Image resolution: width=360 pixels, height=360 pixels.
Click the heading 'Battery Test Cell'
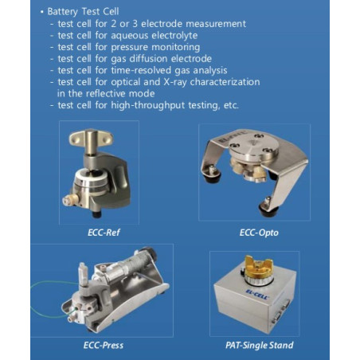[x=83, y=12]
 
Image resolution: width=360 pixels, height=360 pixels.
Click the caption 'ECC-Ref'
[x=104, y=233]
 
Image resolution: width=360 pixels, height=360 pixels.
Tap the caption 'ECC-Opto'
[x=259, y=233]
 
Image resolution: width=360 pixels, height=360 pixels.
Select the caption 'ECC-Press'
[x=104, y=345]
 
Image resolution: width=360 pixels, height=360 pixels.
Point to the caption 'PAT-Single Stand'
[x=260, y=345]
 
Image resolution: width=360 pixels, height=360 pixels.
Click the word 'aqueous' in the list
[x=131, y=36]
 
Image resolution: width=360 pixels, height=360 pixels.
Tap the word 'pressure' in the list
[x=129, y=48]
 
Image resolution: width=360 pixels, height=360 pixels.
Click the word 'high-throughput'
[x=148, y=105]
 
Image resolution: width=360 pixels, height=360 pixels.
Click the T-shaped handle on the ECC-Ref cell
[x=91, y=138]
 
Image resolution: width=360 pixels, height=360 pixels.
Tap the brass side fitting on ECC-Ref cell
[x=71, y=200]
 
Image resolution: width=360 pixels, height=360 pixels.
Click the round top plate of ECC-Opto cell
[x=253, y=146]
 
